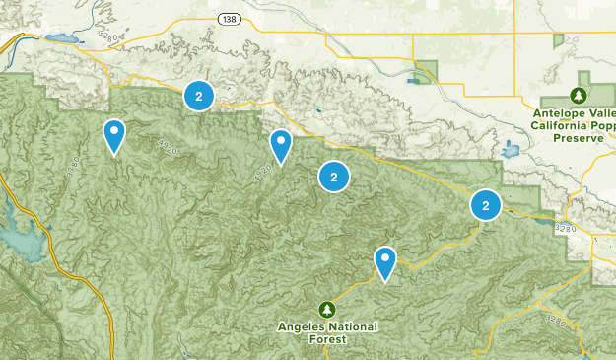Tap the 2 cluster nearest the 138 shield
click(x=199, y=96)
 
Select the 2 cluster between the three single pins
click(x=334, y=178)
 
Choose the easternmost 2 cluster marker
click(x=485, y=205)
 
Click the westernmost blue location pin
click(x=115, y=136)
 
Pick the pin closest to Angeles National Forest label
click(x=385, y=262)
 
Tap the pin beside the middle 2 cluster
click(x=281, y=146)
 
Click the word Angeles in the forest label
click(x=305, y=326)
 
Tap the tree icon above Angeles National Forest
click(x=326, y=309)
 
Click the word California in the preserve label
click(x=559, y=125)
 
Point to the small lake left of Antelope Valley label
click(x=511, y=151)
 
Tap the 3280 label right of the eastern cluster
click(x=565, y=229)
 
